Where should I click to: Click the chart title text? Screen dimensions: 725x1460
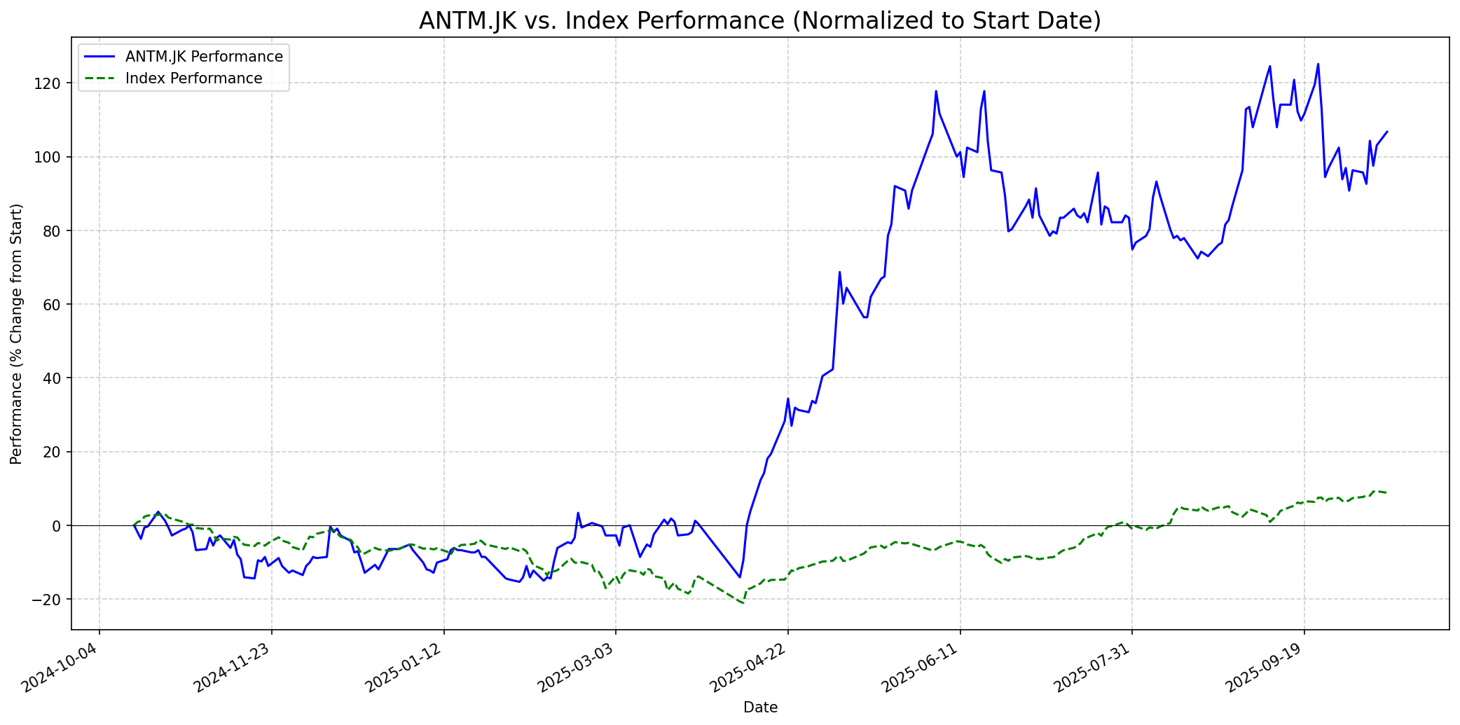[x=759, y=20]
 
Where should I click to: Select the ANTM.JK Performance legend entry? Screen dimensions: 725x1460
[x=204, y=57]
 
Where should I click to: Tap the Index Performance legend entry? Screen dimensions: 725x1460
[x=193, y=78]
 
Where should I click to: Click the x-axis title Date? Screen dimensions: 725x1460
[x=760, y=707]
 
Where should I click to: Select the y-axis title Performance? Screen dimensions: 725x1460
[x=16, y=333]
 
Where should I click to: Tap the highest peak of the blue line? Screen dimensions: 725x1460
[x=1318, y=64]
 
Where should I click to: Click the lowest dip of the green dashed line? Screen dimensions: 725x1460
[x=743, y=603]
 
